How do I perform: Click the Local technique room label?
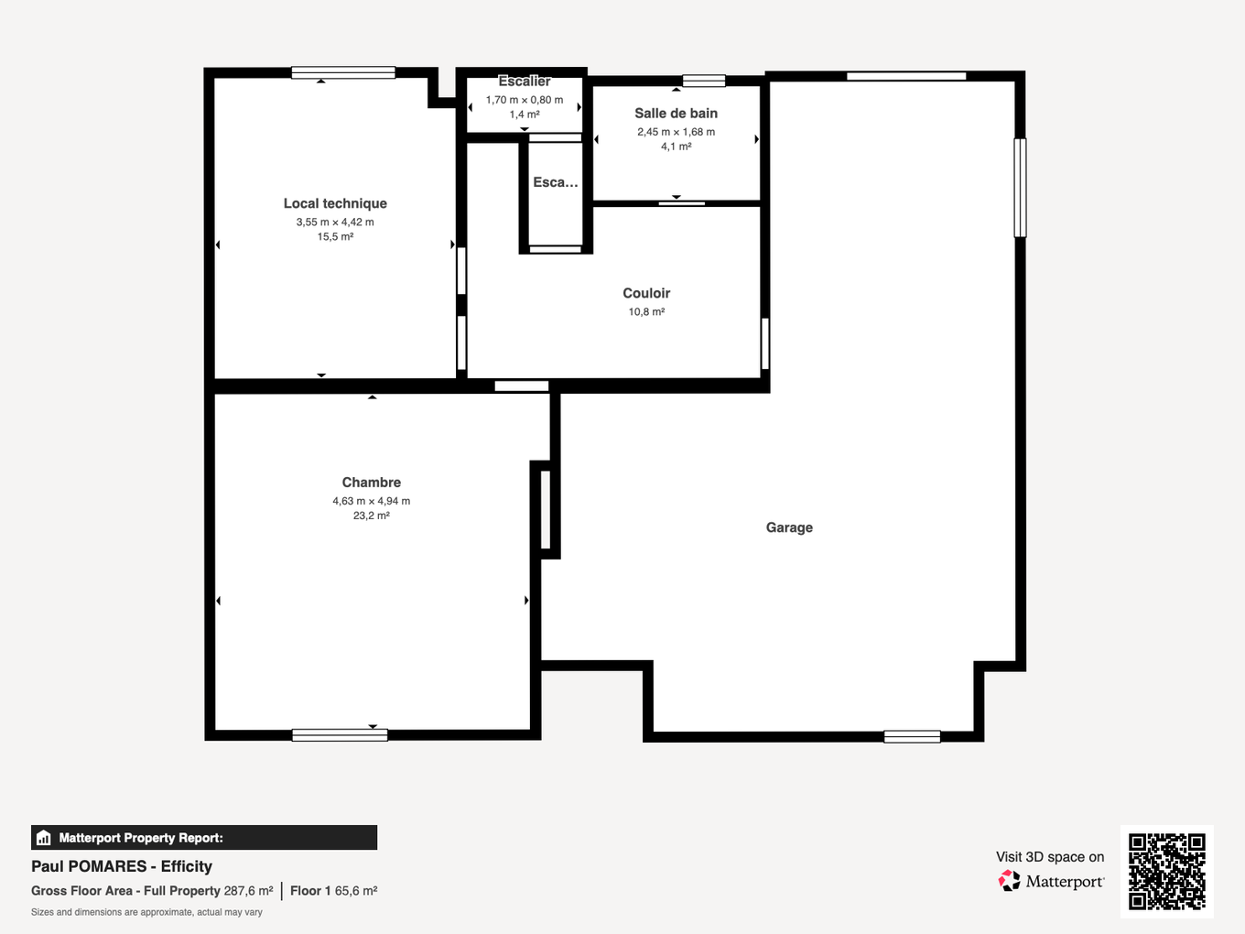[335, 203]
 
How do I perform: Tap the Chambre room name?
[371, 483]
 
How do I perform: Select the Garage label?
[789, 527]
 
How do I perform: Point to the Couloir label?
[646, 293]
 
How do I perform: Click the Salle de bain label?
[676, 114]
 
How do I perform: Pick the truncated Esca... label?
[556, 182]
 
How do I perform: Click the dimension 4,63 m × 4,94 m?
[371, 501]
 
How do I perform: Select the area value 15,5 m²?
[335, 236]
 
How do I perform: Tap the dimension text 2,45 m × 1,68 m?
[676, 132]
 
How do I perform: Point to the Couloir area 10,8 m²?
[646, 312]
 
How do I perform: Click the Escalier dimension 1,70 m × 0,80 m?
[524, 100]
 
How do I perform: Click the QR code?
[1166, 871]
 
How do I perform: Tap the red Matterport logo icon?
[1009, 881]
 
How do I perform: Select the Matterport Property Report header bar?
[204, 838]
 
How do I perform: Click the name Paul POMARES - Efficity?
[122, 866]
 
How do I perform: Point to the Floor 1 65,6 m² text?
[333, 891]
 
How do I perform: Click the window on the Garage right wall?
[1020, 188]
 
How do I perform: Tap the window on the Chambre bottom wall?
[340, 734]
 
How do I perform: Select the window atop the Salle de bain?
[704, 81]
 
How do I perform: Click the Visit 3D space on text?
[1050, 857]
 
